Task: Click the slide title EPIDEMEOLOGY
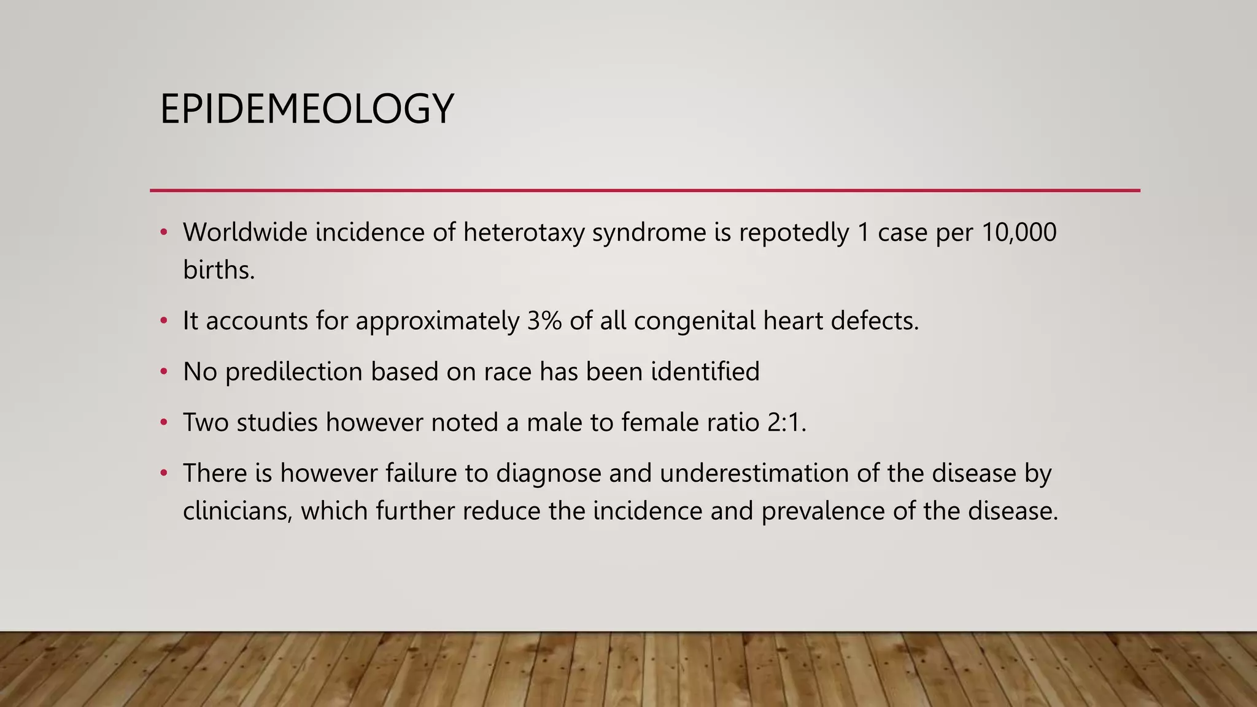point(307,109)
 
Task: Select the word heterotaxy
point(524,233)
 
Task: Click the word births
point(219,270)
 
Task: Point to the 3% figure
point(544,321)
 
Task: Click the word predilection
point(294,372)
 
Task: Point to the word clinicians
point(238,511)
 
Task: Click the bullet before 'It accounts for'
point(163,321)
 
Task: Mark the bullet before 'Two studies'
point(163,423)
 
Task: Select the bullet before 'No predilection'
point(163,372)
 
